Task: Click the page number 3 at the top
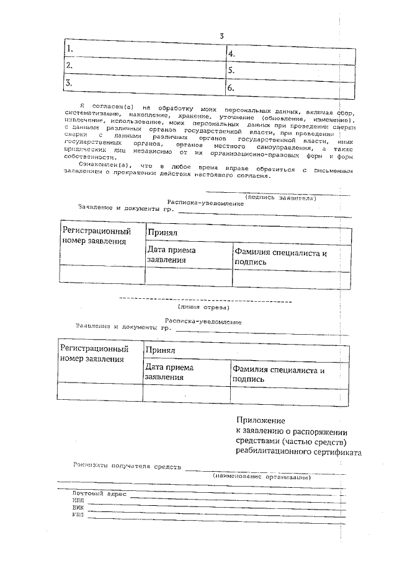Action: pos(221,35)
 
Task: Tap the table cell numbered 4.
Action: pos(290,54)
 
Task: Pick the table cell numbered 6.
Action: pos(290,88)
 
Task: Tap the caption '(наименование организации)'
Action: pos(261,477)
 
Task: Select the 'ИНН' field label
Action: pos(78,500)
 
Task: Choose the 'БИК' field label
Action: pos(78,507)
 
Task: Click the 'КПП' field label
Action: pos(78,515)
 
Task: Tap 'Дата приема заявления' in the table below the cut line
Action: pos(169,372)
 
